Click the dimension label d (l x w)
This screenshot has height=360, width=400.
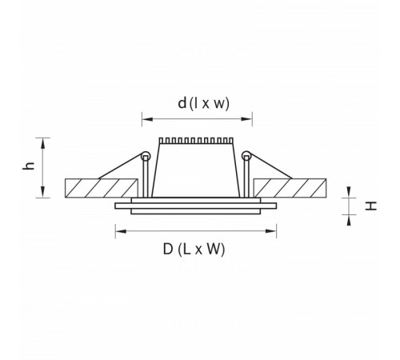203,103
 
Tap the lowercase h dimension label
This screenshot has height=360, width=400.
29,166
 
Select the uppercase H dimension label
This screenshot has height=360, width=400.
371,206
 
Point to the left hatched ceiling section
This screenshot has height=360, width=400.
102,188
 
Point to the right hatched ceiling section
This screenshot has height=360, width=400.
290,188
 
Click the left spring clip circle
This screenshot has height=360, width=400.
146,156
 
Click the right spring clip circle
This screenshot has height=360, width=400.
246,156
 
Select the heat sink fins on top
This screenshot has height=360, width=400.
196,141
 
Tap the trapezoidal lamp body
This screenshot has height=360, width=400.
196,170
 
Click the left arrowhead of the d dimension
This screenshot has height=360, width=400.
147,119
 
